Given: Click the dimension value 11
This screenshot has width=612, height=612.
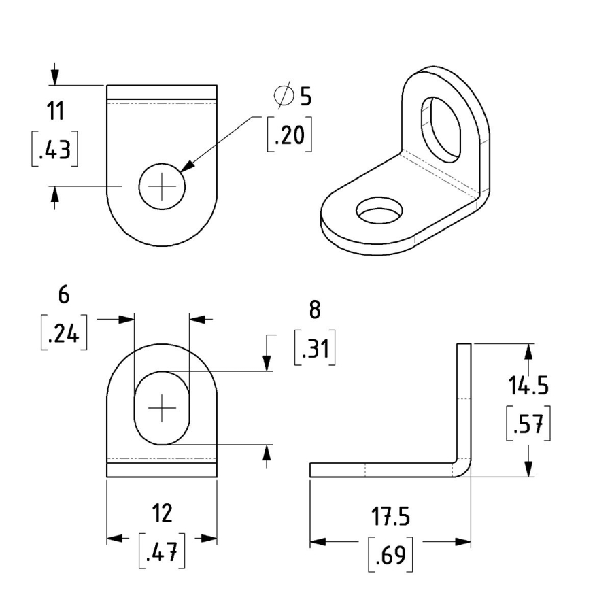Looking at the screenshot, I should click(56, 109).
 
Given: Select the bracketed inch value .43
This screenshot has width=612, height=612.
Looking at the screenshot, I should click(54, 150).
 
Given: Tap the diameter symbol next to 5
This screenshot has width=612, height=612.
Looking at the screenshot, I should click(284, 96).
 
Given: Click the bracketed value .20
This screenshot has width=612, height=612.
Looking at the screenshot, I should click(290, 136).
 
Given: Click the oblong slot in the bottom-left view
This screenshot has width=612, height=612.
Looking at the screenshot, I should click(162, 407).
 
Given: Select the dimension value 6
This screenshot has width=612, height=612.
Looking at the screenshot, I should click(64, 294).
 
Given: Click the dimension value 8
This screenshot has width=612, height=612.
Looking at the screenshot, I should click(314, 309).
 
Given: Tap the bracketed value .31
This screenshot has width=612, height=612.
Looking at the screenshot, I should click(314, 349).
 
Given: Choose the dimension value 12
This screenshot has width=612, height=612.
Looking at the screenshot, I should click(162, 513).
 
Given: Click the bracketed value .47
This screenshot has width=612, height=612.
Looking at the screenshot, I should click(162, 553).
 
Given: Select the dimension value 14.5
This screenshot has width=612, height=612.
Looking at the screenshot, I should click(528, 386).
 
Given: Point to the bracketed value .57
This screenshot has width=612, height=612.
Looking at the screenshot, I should click(528, 425).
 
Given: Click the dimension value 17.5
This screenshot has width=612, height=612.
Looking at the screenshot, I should click(390, 517).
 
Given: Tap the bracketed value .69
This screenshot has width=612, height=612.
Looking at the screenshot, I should click(390, 556).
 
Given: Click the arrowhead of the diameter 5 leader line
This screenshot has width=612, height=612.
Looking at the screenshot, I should click(186, 167).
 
